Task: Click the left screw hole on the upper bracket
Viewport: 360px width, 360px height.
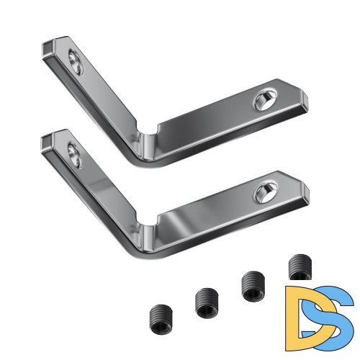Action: [x=76, y=62]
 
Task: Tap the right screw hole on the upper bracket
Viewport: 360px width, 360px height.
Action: [x=266, y=99]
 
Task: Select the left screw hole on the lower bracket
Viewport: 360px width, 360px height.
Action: [x=75, y=155]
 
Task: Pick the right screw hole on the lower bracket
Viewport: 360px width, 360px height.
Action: [x=266, y=192]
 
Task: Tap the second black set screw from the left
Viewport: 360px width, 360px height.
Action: [x=207, y=302]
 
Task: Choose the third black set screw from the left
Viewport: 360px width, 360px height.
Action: [x=253, y=286]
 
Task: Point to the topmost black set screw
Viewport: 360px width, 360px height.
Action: [x=300, y=267]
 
